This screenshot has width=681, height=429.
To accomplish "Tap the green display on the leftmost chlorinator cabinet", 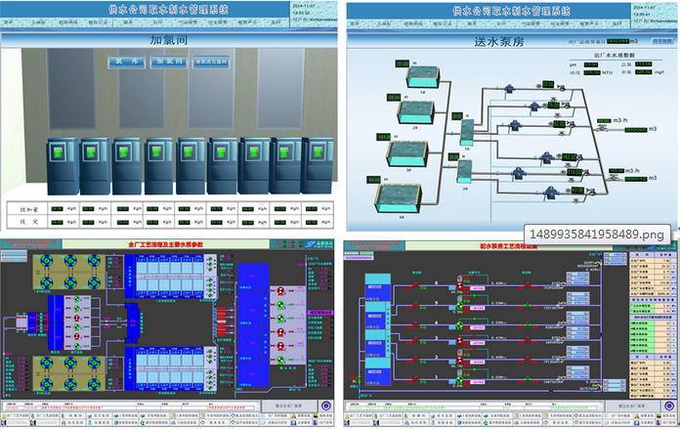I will coord(61,153).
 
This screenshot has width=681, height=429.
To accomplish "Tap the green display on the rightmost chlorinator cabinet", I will coord(314,153).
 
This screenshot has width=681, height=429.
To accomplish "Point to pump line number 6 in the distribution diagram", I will coord(439,283).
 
